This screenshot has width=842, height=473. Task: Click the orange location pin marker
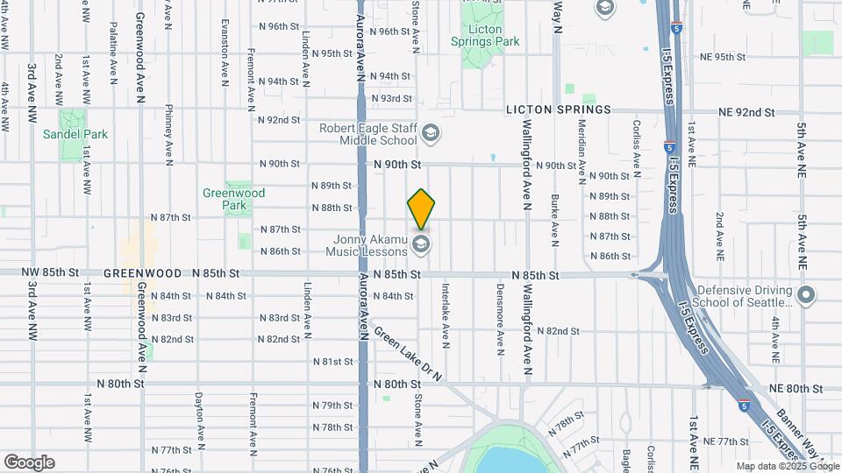pos(421,208)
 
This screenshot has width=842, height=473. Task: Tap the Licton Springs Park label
pos(485,36)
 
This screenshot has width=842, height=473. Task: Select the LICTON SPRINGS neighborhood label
pos(558,109)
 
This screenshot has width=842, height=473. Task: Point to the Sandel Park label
pos(75,134)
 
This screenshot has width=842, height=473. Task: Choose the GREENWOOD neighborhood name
pos(135,273)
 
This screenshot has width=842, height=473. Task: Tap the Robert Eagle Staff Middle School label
pos(367,133)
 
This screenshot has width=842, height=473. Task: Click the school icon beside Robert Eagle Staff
pos(430,133)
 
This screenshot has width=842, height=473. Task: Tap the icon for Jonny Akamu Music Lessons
pos(421,243)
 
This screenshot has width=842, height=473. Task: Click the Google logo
pos(29,462)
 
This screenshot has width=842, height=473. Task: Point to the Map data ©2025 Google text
pos(788,467)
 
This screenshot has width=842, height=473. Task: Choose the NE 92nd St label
pos(746,112)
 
